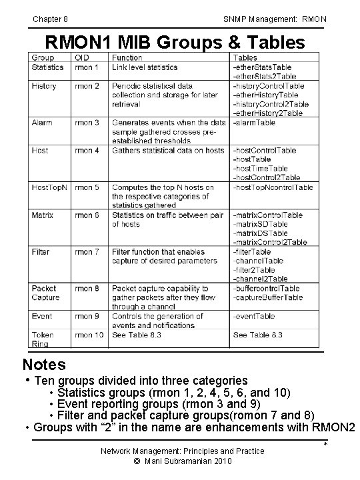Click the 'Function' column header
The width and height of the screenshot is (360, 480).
(127, 58)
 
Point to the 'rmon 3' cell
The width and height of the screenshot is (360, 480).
(87, 123)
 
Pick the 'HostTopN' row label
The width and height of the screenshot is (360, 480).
(49, 188)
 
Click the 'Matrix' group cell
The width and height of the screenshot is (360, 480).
(43, 215)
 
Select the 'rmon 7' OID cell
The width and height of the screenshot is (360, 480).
(87, 252)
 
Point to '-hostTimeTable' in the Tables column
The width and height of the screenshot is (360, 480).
(261, 169)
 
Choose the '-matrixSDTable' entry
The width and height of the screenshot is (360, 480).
(261, 233)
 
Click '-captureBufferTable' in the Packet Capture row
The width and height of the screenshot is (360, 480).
(268, 297)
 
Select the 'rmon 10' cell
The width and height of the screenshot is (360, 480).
(89, 335)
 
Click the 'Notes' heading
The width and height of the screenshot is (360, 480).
(44, 365)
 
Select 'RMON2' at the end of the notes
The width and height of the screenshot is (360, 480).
(334, 427)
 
